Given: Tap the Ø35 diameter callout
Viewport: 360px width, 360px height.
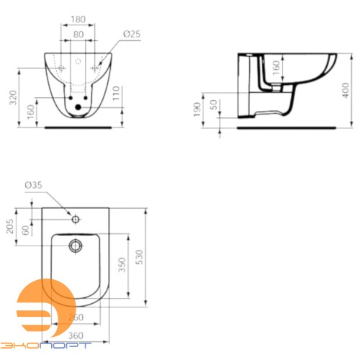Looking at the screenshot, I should tap(34, 186).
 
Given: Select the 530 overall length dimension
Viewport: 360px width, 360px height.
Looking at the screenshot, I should tap(150, 257).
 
